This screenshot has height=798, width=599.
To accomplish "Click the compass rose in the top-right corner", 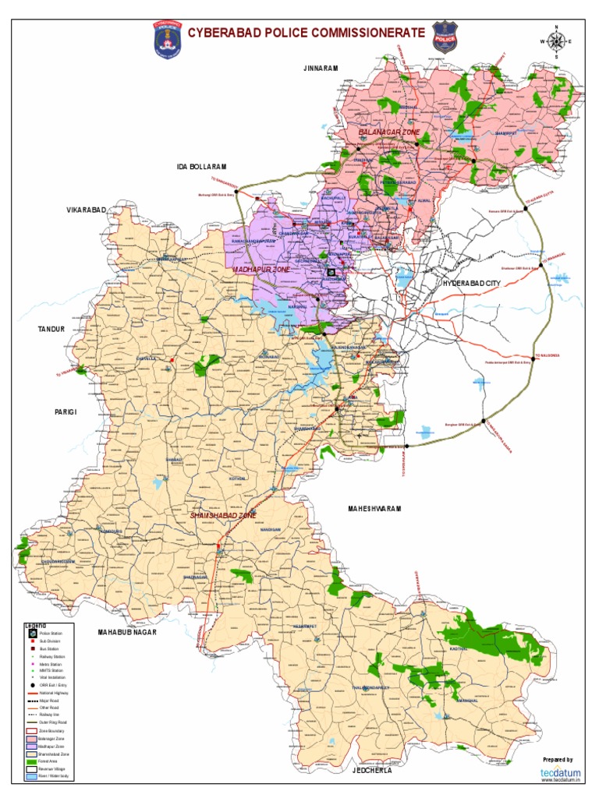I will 556,42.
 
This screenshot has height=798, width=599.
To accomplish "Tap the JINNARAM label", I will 321,69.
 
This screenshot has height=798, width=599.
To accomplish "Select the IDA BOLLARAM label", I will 200,167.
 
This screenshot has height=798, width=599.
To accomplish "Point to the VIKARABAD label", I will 85,210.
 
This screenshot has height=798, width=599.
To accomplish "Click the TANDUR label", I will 51,329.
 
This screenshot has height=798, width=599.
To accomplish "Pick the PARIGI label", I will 66,411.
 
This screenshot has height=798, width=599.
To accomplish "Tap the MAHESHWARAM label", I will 374,508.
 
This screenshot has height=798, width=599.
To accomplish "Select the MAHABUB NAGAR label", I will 127,632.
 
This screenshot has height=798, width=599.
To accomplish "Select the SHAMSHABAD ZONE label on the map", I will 223,516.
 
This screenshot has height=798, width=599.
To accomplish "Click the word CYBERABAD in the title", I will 225,32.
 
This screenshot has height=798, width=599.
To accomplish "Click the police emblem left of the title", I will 165,38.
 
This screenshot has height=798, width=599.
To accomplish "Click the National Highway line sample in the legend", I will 33,693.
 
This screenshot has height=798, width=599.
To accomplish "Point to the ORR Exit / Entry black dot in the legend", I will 33,685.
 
